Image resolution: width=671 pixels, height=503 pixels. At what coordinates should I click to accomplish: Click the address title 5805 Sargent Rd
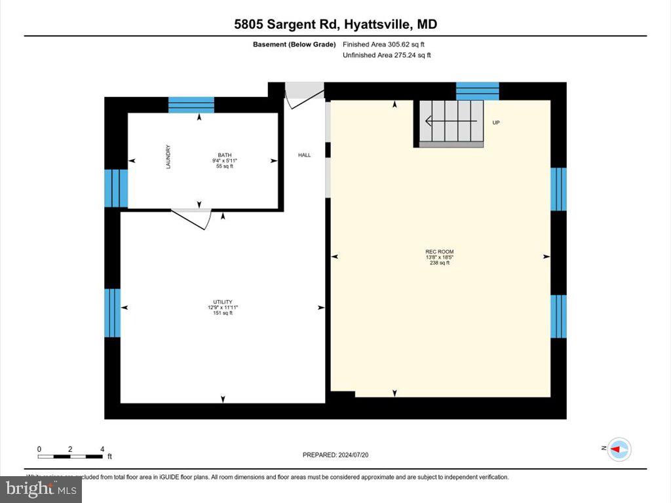pyautogui.click(x=335, y=25)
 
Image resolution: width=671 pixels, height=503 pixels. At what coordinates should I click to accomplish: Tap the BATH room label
pyautogui.click(x=224, y=155)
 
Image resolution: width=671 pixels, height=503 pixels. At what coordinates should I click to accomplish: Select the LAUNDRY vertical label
pyautogui.click(x=168, y=157)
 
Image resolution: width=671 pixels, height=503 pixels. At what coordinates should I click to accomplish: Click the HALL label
pyautogui.click(x=305, y=155)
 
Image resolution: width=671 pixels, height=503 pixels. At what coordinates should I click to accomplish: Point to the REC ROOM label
pyautogui.click(x=439, y=251)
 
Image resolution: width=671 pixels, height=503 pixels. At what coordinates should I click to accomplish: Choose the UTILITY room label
pyautogui.click(x=223, y=302)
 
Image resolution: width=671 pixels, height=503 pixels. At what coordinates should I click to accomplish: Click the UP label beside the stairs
pyautogui.click(x=496, y=122)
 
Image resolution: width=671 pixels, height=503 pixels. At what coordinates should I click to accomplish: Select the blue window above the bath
pyautogui.click(x=191, y=105)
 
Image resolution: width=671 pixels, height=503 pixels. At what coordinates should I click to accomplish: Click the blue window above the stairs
pyautogui.click(x=477, y=91)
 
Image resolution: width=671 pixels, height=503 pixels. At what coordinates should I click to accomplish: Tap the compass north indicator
pyautogui.click(x=618, y=449)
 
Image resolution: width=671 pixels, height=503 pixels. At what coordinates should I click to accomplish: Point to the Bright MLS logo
pyautogui.click(x=41, y=489)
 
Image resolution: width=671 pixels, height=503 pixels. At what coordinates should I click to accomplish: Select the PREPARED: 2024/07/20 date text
pyautogui.click(x=340, y=455)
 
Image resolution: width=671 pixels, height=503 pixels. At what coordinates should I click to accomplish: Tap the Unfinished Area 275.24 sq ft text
pyautogui.click(x=387, y=56)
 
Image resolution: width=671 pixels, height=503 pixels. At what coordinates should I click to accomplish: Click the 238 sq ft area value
pyautogui.click(x=439, y=263)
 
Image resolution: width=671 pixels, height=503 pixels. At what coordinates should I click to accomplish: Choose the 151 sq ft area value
pyautogui.click(x=223, y=313)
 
